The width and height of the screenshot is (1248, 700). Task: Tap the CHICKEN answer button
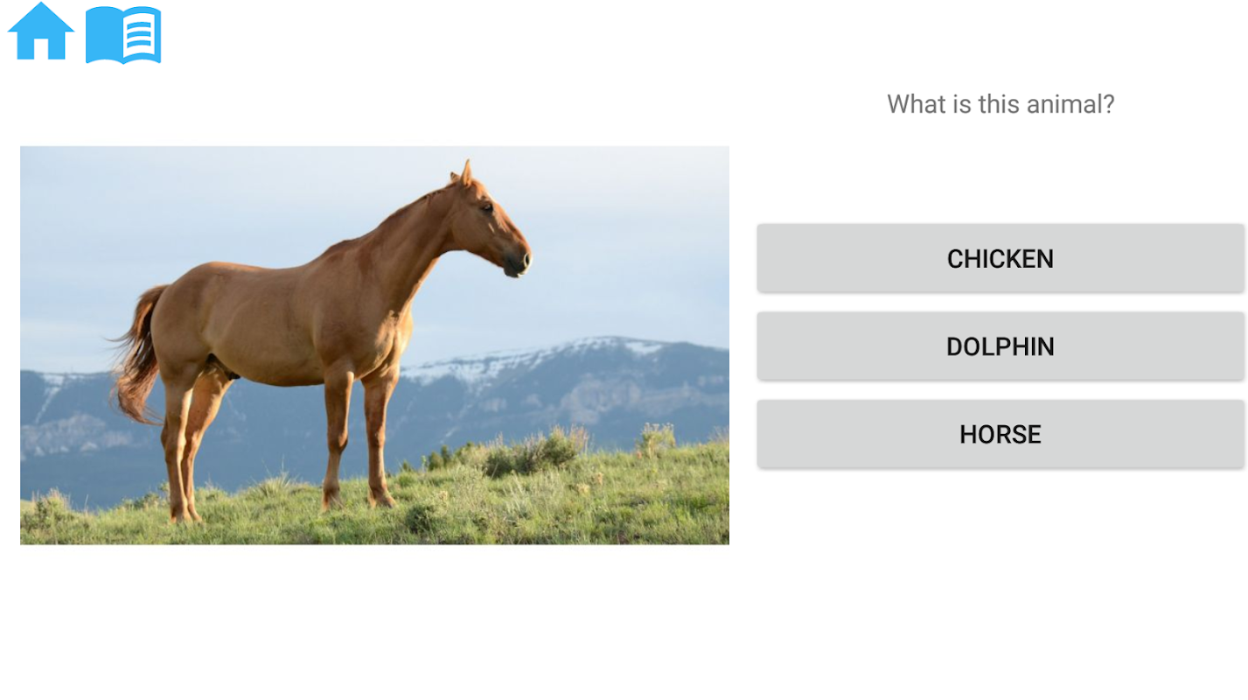pyautogui.click(x=1000, y=259)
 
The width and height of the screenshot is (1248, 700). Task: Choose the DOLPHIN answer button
pyautogui.click(x=1000, y=346)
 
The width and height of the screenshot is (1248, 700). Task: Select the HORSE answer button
pyautogui.click(x=1000, y=434)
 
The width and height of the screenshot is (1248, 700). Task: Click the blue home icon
pyautogui.click(x=41, y=31)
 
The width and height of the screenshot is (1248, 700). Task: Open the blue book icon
pyautogui.click(x=123, y=34)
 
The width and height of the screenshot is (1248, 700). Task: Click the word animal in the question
pyautogui.click(x=1063, y=104)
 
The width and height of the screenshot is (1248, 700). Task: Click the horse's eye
pyautogui.click(x=487, y=207)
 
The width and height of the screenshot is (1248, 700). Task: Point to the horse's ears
pyautogui.click(x=464, y=173)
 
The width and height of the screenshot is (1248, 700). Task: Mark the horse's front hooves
pyautogui.click(x=358, y=500)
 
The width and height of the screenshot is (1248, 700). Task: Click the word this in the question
pyautogui.click(x=1000, y=104)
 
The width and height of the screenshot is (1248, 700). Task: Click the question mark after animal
pyautogui.click(x=1107, y=104)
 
